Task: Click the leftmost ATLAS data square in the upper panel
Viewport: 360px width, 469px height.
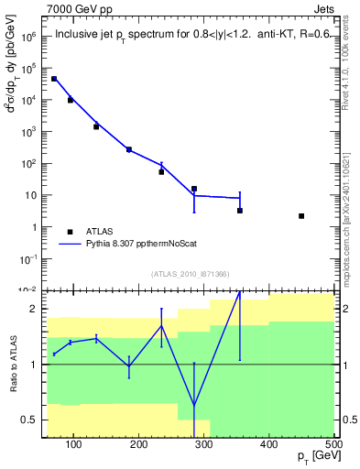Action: pos(54,79)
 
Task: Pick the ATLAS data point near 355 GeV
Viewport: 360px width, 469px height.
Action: pos(240,211)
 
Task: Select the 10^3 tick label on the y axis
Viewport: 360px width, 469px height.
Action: pos(27,132)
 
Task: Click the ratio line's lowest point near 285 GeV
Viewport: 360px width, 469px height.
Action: pos(194,405)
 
